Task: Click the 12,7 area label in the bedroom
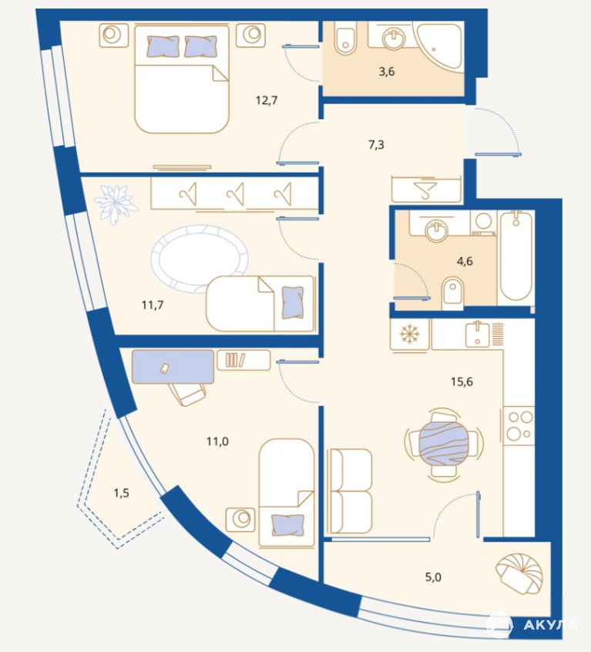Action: coord(267,100)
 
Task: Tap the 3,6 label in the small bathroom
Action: coord(387,72)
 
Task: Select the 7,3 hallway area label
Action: coord(376,145)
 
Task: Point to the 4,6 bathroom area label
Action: coord(465,261)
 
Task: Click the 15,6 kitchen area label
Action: coord(462,381)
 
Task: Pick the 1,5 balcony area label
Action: coord(121,493)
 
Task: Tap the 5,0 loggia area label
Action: coord(433,577)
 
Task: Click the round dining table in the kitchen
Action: coord(444,444)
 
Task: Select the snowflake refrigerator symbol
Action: coord(410,334)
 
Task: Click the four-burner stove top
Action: coord(519,425)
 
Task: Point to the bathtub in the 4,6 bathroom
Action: coord(515,257)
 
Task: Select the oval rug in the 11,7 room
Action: coord(200,257)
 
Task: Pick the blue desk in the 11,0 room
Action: coord(173,367)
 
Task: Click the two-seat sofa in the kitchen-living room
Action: coord(350,491)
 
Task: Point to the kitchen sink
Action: coord(478,334)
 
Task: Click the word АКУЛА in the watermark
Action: coord(550,625)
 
